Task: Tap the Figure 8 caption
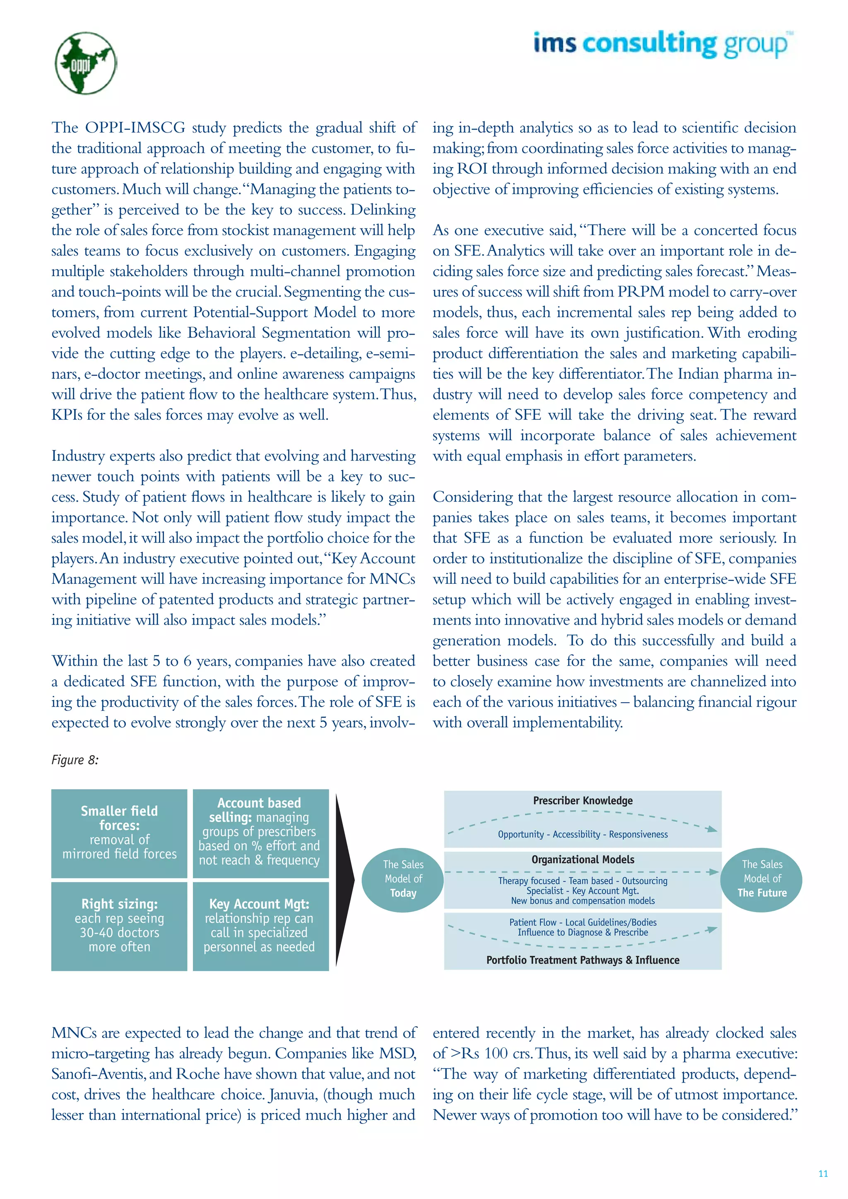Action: tap(75, 760)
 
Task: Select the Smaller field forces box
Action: tap(119, 833)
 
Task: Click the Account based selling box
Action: tap(260, 833)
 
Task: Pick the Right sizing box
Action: tap(119, 925)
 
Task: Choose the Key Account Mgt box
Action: tap(260, 925)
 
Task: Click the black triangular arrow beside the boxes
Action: tap(344, 880)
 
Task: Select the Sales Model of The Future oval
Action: tap(761, 879)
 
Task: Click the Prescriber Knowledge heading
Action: tap(583, 801)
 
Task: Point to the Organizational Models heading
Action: tap(583, 860)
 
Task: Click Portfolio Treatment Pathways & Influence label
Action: tap(583, 960)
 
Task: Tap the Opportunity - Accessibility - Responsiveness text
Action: tap(583, 835)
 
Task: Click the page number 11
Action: tap(823, 1173)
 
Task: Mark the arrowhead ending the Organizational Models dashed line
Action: tap(714, 872)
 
